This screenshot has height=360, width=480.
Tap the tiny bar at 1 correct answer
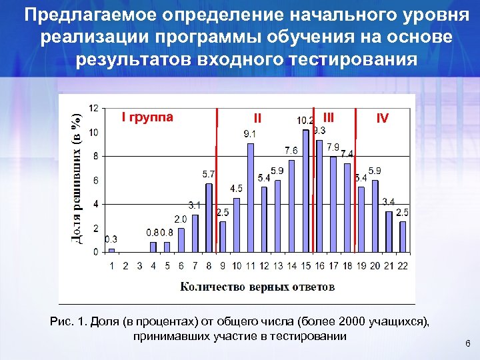coord(112,250)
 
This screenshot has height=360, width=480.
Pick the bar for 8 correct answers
coord(209,217)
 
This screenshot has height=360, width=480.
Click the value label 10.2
coord(305,121)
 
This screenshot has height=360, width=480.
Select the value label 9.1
coord(249,134)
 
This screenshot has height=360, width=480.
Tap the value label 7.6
coord(291,150)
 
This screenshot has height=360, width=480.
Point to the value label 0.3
coord(111,239)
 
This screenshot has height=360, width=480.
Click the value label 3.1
coord(194,205)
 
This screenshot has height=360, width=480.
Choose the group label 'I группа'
coord(147,118)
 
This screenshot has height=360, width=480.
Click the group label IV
coord(382,119)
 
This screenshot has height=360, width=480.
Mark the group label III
coord(327,117)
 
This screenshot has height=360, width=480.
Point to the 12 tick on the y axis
coord(95,108)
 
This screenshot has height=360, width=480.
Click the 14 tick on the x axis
coord(291,265)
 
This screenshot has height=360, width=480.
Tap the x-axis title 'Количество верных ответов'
coord(257,287)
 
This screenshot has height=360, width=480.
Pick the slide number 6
coord(467,343)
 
